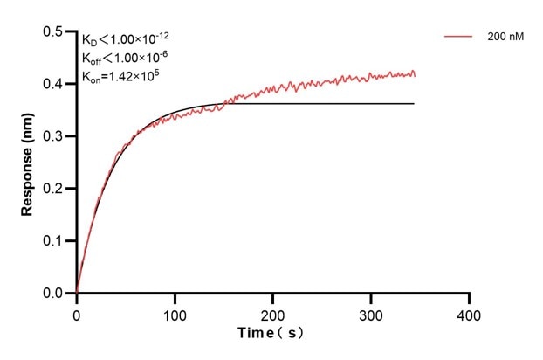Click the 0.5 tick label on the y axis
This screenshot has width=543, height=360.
pyautogui.click(x=53, y=32)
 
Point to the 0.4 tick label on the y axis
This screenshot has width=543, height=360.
pyautogui.click(x=53, y=85)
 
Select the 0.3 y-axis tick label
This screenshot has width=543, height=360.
pyautogui.click(x=53, y=136)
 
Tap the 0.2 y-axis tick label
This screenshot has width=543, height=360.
pyautogui.click(x=53, y=189)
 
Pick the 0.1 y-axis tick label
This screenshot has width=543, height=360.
pyautogui.click(x=53, y=241)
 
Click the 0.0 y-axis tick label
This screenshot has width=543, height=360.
pyautogui.click(x=53, y=294)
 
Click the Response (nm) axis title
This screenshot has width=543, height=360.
pyautogui.click(x=28, y=163)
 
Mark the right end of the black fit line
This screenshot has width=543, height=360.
pyautogui.click(x=414, y=104)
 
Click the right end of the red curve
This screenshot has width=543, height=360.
pyautogui.click(x=415, y=74)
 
